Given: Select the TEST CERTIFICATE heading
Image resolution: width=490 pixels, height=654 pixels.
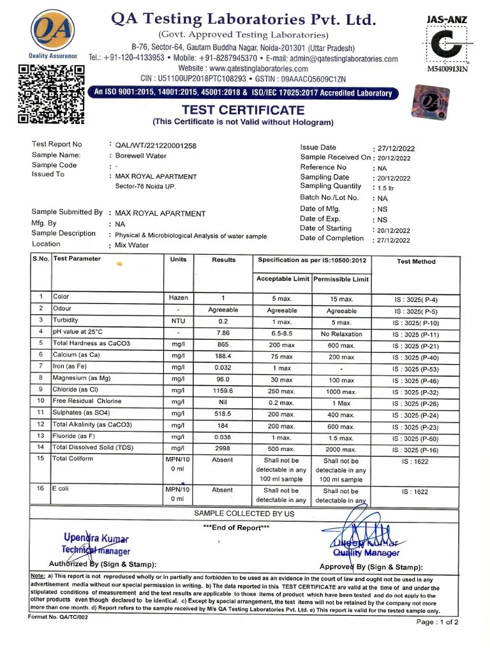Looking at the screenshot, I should pyautogui.click(x=243, y=110).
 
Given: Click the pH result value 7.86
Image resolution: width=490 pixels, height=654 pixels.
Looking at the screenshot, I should pyautogui.click(x=223, y=333).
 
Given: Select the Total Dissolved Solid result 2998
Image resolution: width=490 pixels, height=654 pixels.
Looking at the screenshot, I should pyautogui.click(x=223, y=448).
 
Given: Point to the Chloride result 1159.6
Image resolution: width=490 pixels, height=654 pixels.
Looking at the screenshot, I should pyautogui.click(x=223, y=390).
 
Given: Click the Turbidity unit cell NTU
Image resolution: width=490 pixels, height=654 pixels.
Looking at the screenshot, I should pyautogui.click(x=178, y=321).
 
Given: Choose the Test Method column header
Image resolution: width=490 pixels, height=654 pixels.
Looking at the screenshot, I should pyautogui.click(x=416, y=261).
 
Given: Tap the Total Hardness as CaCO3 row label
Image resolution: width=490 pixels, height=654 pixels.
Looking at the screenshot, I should pyautogui.click(x=91, y=344).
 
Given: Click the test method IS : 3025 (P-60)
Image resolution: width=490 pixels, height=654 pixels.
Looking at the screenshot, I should pyautogui.click(x=415, y=439).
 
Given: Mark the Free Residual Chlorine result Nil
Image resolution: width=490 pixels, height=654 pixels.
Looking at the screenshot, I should pyautogui.click(x=223, y=402).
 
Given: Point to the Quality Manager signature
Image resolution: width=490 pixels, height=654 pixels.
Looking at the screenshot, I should pyautogui.click(x=364, y=535).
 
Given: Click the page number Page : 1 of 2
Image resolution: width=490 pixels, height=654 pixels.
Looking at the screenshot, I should pyautogui.click(x=437, y=621).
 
